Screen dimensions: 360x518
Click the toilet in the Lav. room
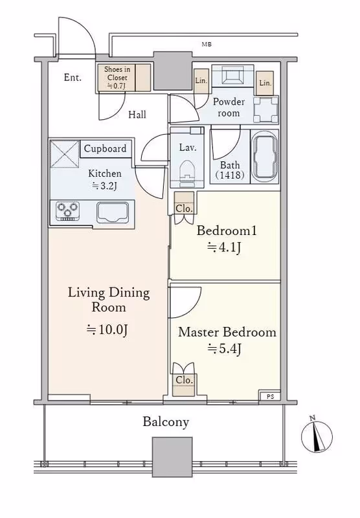tap(187, 171)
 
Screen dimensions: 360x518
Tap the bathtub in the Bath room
tap(264, 157)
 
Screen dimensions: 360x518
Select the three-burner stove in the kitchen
tap(68, 210)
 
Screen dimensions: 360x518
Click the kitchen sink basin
tap(112, 212)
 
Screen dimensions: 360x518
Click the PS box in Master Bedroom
tap(270, 396)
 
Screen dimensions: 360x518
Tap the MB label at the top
tap(207, 44)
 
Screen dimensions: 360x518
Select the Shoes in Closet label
tap(117, 78)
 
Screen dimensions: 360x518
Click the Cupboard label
tap(105, 149)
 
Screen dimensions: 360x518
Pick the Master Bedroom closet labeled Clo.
tap(184, 385)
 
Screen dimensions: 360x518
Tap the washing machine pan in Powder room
tap(266, 109)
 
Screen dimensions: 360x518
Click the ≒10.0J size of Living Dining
tap(107, 330)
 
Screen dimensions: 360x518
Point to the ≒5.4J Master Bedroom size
tap(224, 348)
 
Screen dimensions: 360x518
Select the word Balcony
tap(166, 422)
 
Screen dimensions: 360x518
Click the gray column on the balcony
tap(172, 457)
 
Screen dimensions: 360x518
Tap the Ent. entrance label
tap(73, 78)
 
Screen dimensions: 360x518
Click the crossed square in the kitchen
tap(65, 154)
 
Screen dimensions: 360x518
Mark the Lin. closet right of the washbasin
tap(265, 84)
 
